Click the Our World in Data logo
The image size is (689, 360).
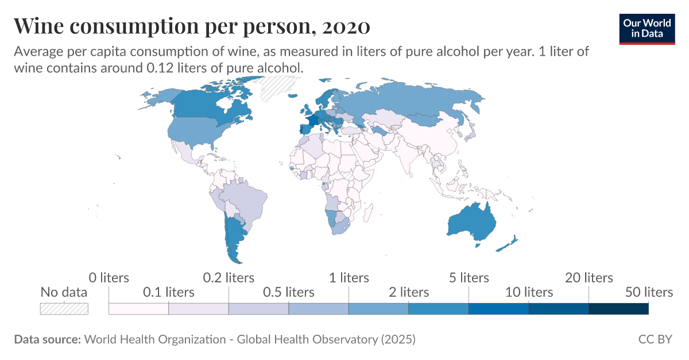(x=647, y=28)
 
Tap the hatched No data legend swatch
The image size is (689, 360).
(x=64, y=308)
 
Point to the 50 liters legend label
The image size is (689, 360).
(x=649, y=292)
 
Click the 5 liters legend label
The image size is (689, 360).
(x=469, y=278)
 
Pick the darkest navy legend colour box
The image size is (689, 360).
(x=618, y=308)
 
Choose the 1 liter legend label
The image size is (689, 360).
(x=349, y=278)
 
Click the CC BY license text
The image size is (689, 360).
(x=655, y=339)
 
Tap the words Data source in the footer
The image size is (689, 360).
(x=47, y=339)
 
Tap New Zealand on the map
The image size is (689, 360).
(x=508, y=243)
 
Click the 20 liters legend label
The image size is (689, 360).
(x=589, y=278)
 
